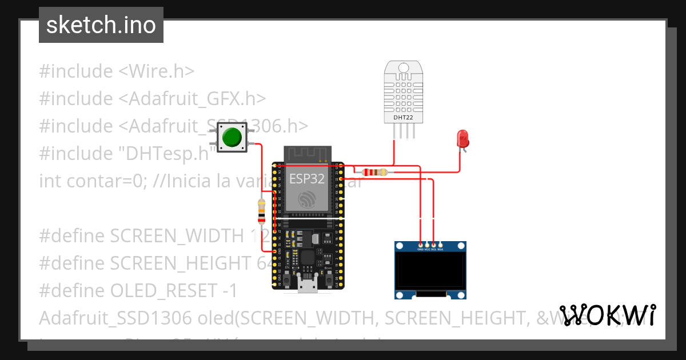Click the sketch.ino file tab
pyautogui.click(x=101, y=25)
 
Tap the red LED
pyautogui.click(x=462, y=139)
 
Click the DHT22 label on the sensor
pyautogui.click(x=403, y=118)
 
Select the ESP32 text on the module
pyautogui.click(x=306, y=178)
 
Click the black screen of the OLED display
pyautogui.click(x=430, y=272)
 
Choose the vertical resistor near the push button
pyautogui.click(x=261, y=211)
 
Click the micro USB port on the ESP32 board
pyautogui.click(x=309, y=284)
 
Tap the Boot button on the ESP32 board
pyautogui.click(x=330, y=279)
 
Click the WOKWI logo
pyautogui.click(x=608, y=315)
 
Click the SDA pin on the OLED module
pyautogui.click(x=440, y=245)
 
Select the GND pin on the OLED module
pyautogui.click(x=420, y=245)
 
